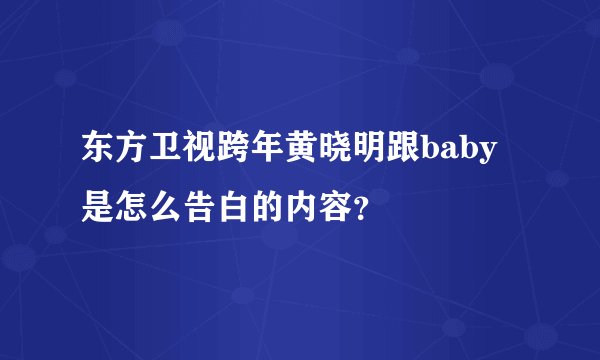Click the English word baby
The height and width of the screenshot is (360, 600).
pyautogui.click(x=458, y=153)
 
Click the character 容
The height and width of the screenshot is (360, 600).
pyautogui.click(x=337, y=207)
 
